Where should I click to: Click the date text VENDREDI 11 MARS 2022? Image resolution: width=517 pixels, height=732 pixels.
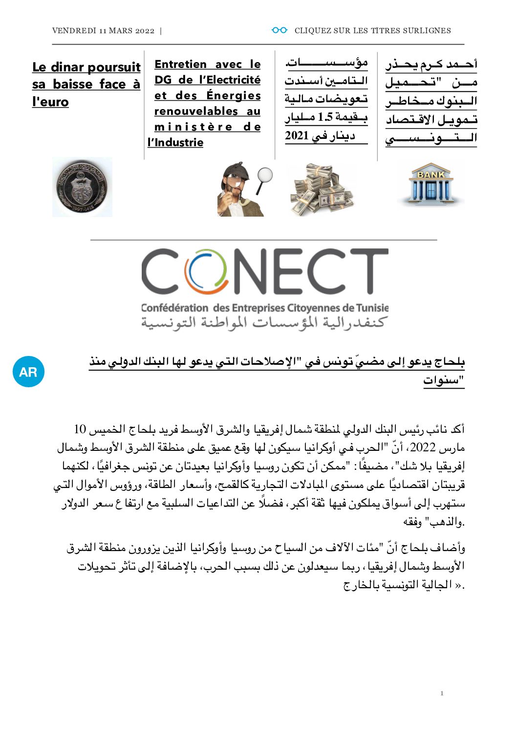[103, 31]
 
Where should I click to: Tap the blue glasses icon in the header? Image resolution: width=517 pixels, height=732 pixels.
[280, 30]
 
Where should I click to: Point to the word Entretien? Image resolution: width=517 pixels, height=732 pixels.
[180, 65]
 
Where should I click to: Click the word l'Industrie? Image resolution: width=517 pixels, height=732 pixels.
[175, 143]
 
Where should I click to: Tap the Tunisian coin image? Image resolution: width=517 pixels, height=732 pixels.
[82, 187]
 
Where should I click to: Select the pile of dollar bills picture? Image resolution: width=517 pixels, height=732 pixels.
[321, 189]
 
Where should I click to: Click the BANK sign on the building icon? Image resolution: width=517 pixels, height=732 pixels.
[431, 175]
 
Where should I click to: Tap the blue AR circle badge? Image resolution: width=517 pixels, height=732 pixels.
[28, 372]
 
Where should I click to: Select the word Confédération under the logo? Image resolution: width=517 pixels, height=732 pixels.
[174, 308]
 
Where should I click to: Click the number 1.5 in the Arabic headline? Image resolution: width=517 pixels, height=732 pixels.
[325, 117]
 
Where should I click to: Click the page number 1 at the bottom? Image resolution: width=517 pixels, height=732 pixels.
[442, 693]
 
